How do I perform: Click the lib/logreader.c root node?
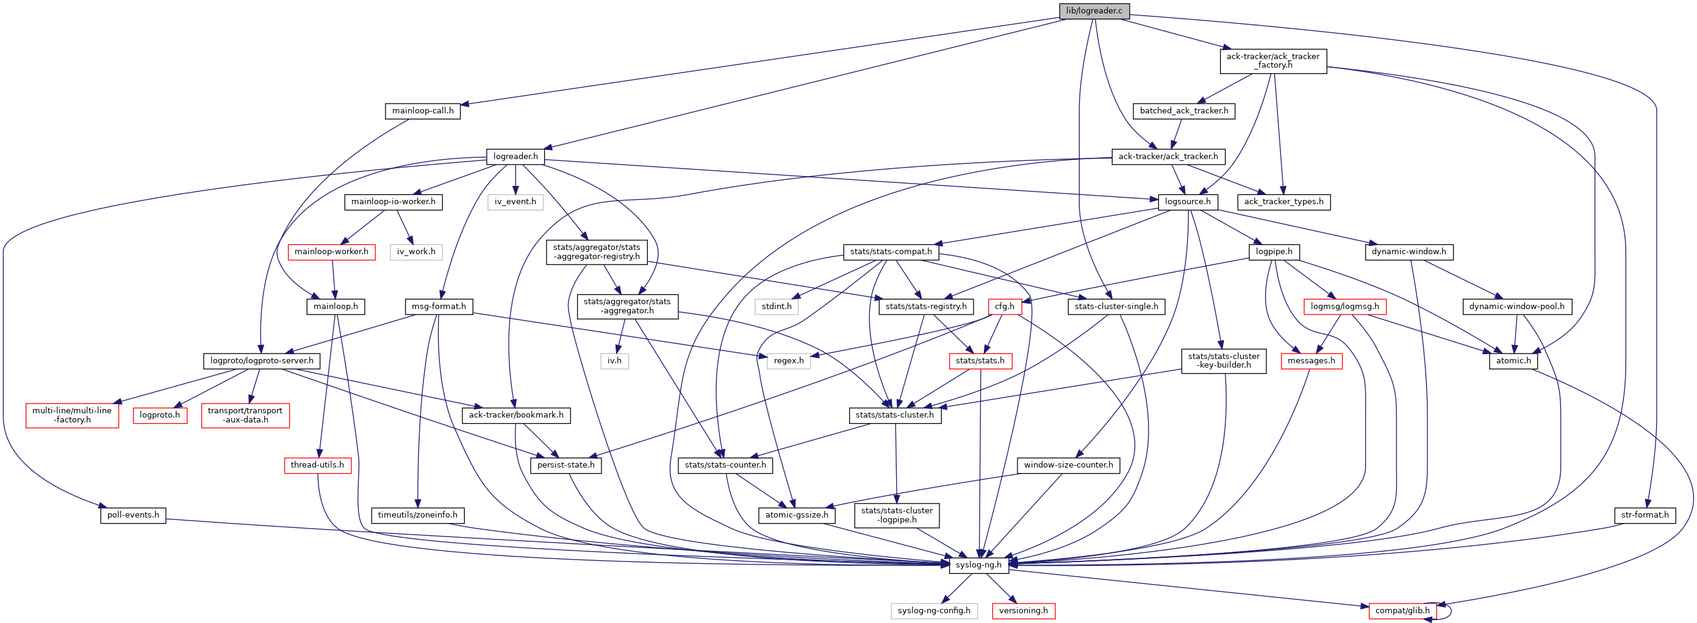click(1094, 10)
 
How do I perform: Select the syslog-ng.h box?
click(978, 564)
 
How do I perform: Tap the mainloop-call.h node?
click(422, 110)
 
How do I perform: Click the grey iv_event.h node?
click(515, 202)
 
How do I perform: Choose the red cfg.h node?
click(1005, 306)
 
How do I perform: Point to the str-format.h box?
click(1645, 514)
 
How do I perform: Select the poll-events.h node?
click(133, 514)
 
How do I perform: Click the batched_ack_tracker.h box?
click(1184, 110)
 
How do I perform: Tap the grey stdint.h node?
click(777, 306)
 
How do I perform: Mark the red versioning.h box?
click(1023, 610)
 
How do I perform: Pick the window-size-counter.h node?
click(1068, 465)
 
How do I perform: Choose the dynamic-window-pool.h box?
click(1516, 306)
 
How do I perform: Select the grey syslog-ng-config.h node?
click(933, 610)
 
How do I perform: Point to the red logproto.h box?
click(159, 415)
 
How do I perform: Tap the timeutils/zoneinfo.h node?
click(418, 514)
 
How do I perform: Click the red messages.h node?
click(1311, 360)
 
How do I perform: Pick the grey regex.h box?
click(789, 360)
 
